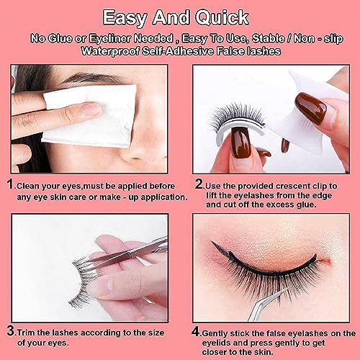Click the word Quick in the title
(222, 18)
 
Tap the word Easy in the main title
(125, 18)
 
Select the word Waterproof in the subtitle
(110, 51)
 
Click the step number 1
(11, 184)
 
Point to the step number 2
(199, 184)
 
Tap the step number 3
(11, 330)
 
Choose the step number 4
(196, 332)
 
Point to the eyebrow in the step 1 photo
(92, 78)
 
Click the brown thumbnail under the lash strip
(240, 141)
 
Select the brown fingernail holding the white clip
(310, 108)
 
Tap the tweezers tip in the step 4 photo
(286, 289)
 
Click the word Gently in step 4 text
(215, 333)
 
